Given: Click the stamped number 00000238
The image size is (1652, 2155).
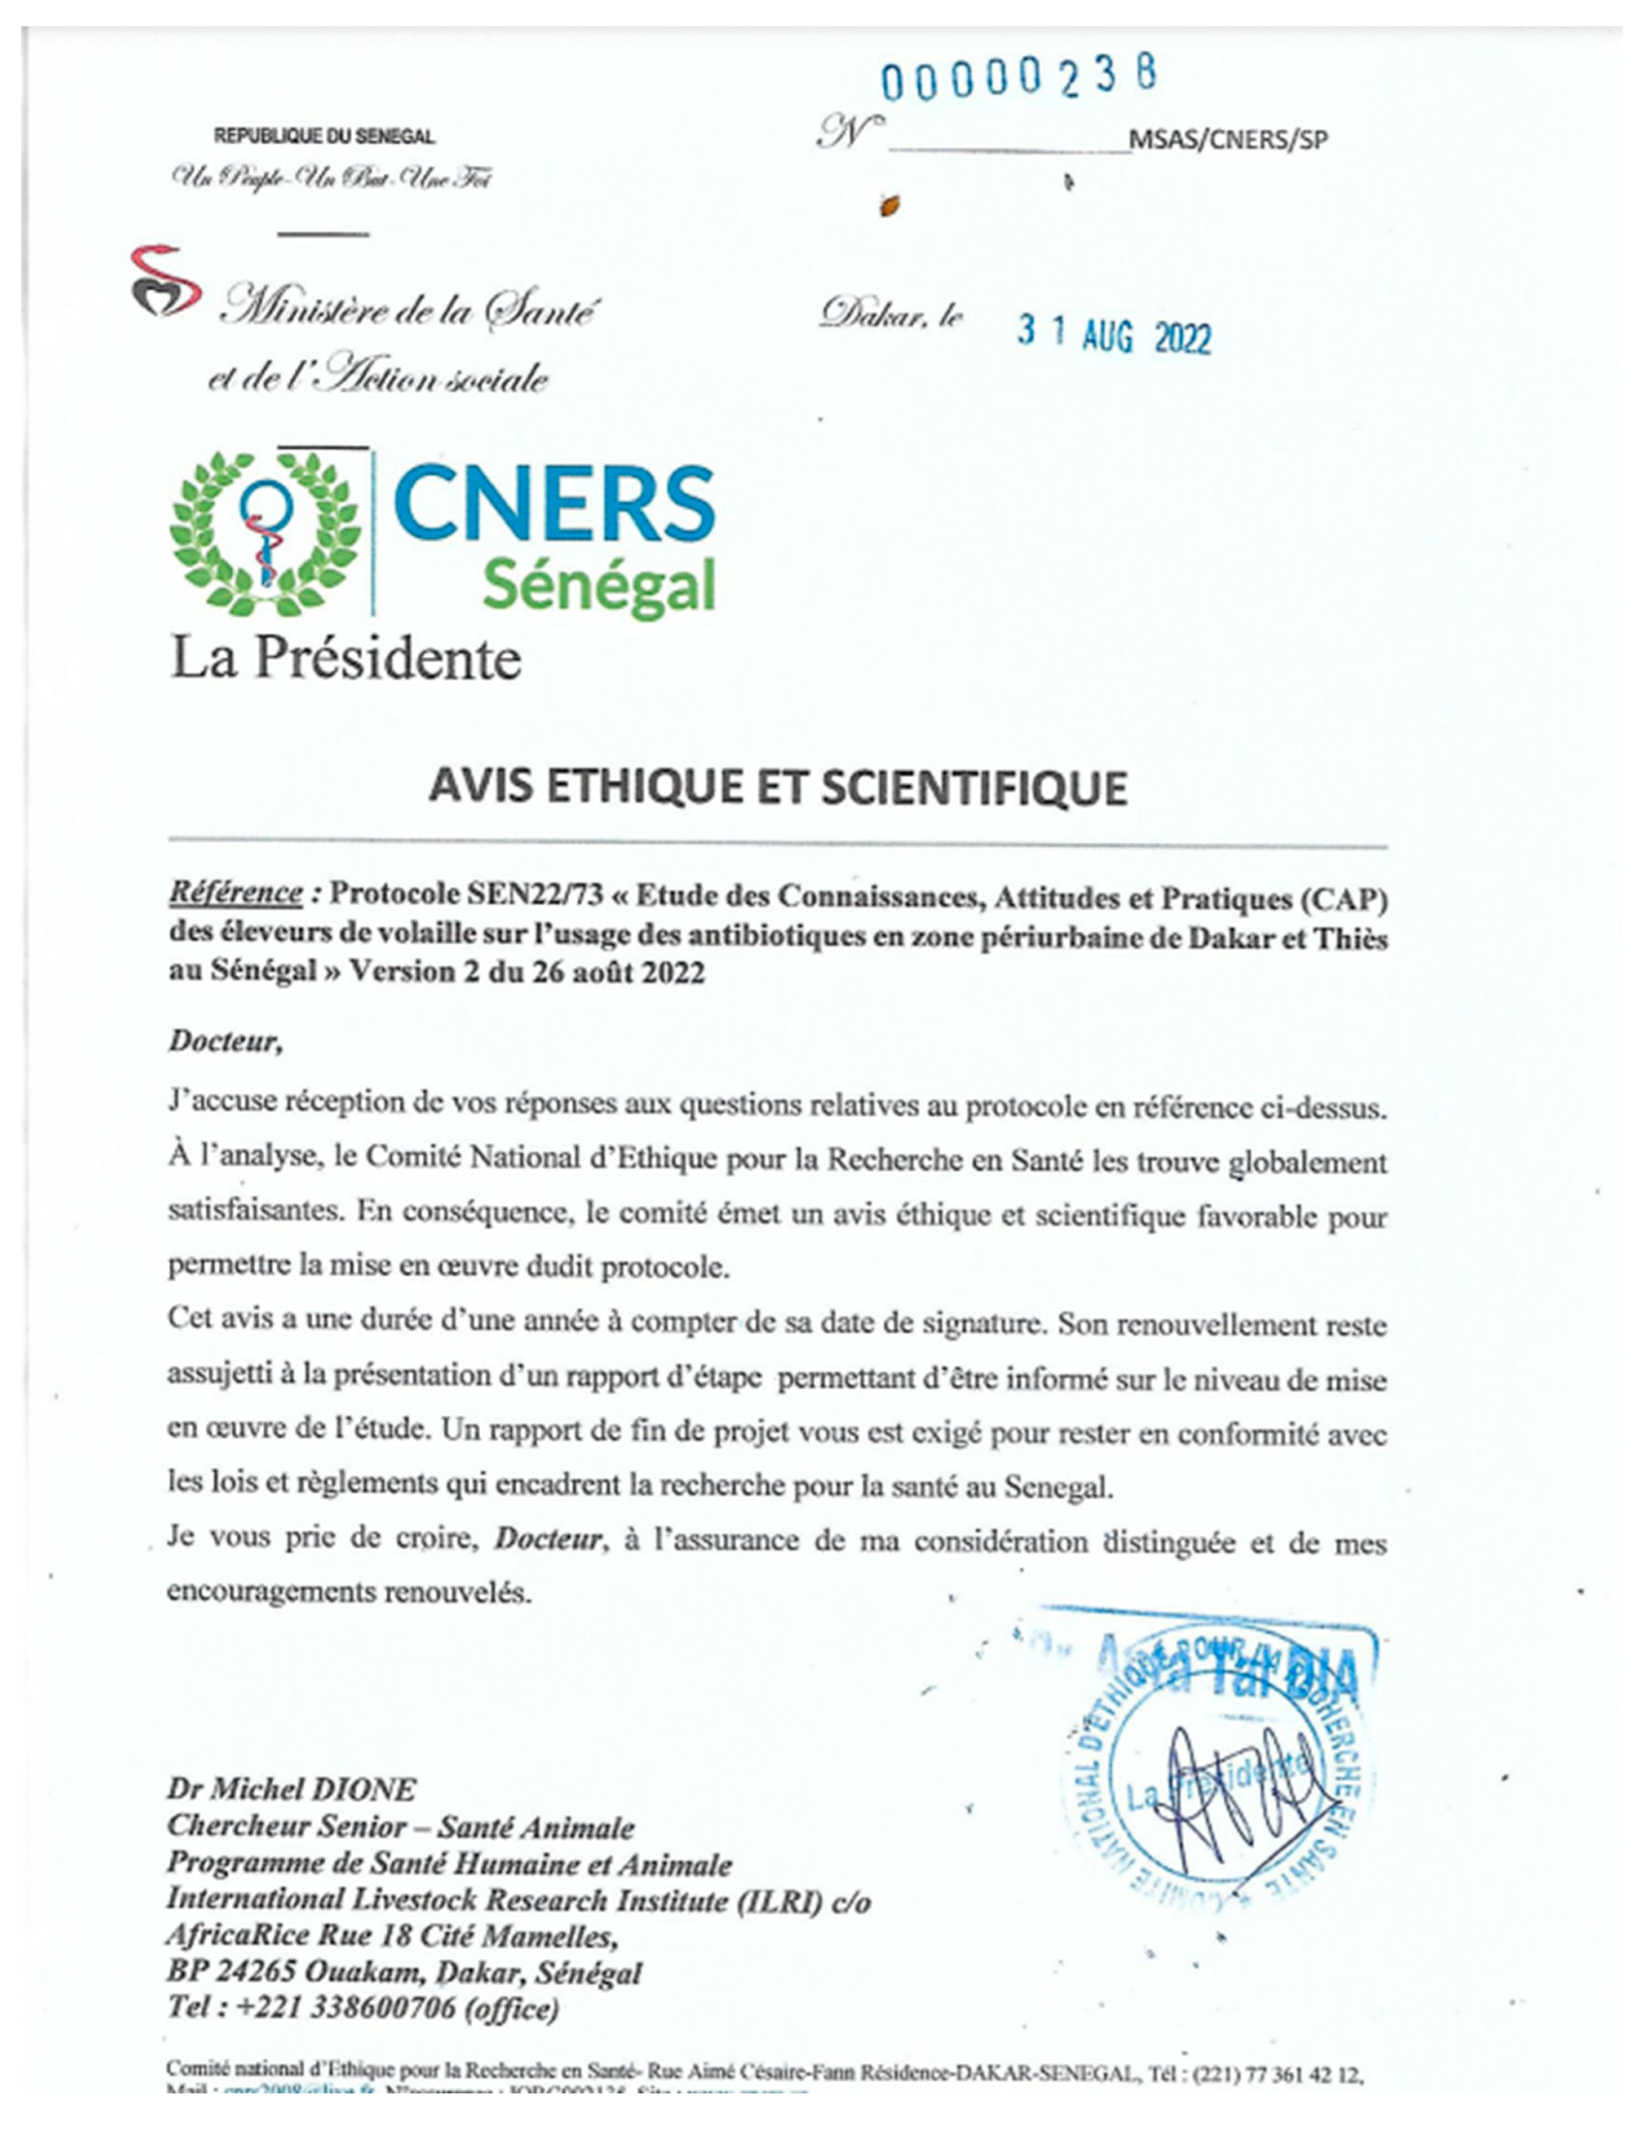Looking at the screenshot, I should [1018, 80].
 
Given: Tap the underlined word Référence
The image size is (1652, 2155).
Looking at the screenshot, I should [235, 892].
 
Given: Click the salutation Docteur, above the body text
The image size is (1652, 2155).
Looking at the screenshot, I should [225, 1042].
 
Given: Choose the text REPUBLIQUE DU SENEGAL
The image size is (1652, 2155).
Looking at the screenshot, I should [324, 137].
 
